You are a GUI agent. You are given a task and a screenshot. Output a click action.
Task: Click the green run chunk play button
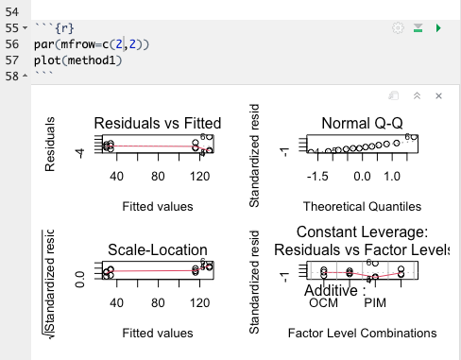(436, 29)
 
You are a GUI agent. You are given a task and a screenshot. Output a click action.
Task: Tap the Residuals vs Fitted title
(158, 124)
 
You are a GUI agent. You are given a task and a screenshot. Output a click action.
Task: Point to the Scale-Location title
(157, 250)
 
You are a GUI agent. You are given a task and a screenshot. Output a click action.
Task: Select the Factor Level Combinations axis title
(362, 333)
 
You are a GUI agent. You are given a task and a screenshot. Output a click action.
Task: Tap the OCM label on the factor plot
(323, 303)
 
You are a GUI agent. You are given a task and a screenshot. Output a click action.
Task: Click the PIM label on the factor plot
(376, 303)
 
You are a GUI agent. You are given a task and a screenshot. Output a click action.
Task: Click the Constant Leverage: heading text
(363, 232)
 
